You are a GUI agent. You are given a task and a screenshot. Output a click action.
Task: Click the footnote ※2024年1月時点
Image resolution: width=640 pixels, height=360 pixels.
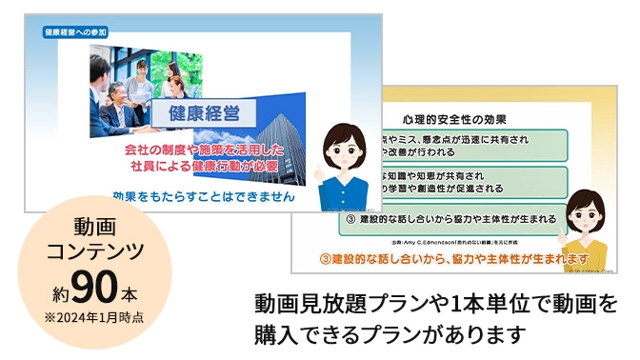point(94,317)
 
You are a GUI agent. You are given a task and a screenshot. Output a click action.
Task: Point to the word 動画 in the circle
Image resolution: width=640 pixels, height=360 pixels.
point(94,228)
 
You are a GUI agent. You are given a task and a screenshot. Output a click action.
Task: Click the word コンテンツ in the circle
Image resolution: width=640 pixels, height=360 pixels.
point(94,251)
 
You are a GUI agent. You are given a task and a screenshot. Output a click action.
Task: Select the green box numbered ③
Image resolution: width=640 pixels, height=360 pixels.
point(452,220)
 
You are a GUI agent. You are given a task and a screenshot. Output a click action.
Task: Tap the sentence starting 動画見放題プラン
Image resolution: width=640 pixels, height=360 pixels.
point(436,306)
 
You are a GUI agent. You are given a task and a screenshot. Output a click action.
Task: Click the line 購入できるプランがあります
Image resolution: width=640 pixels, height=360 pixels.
point(390,335)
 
